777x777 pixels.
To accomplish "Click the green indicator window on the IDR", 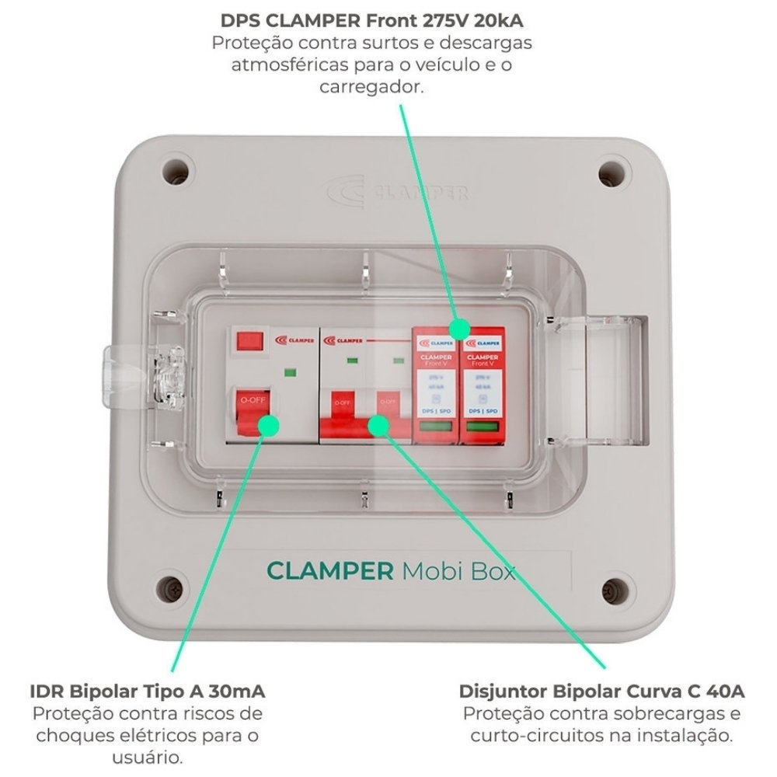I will [x=290, y=371].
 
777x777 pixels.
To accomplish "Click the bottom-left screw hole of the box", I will [x=172, y=588].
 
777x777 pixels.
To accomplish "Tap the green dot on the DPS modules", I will [x=458, y=329].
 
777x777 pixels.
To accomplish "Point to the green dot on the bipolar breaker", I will [x=378, y=424].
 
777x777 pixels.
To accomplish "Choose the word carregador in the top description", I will [x=371, y=86].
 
